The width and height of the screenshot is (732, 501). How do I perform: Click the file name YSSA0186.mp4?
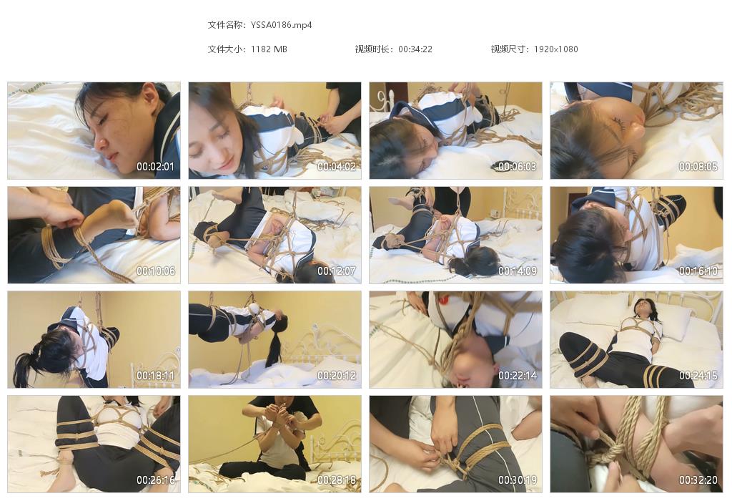point(281,25)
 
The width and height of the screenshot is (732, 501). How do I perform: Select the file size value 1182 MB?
point(269,49)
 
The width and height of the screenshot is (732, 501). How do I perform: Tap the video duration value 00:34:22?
point(415,49)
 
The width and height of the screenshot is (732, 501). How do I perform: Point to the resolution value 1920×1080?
point(555,49)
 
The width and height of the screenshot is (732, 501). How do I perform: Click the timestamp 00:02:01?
point(155,166)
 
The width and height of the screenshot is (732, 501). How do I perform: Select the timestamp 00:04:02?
point(337,166)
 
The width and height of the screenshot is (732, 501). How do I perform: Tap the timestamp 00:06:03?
point(518,166)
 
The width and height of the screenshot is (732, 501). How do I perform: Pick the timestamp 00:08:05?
point(698,166)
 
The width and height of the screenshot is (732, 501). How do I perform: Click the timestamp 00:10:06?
point(155,271)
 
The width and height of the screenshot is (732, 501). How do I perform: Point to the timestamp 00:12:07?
point(337,271)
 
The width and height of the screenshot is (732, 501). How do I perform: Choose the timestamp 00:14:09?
point(518,271)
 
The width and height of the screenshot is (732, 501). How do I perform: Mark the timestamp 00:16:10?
point(698,271)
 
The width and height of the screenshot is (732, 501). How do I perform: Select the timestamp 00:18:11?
point(155,376)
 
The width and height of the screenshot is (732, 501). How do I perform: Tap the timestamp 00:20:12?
point(337,376)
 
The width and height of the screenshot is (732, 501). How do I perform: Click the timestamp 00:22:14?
point(518,376)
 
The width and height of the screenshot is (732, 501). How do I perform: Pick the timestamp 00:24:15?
point(698,376)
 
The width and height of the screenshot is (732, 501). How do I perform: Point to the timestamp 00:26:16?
point(155,480)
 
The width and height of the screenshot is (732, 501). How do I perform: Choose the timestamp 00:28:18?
point(337,480)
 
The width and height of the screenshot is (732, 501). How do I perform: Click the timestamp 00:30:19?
point(518,480)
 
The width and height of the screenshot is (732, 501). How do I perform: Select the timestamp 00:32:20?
point(698,480)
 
